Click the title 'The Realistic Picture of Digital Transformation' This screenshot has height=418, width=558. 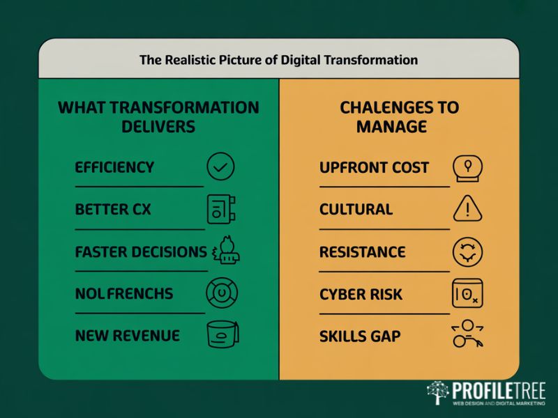coord(278,60)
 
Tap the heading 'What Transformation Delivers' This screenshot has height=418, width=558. coord(158,117)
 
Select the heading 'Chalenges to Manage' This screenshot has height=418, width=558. coord(400,117)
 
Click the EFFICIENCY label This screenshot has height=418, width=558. coord(114,168)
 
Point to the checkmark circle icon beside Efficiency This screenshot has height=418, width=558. coord(221,167)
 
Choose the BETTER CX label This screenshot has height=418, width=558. coord(113,210)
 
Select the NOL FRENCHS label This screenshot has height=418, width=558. coord(123,293)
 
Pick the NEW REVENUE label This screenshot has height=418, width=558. coord(127,336)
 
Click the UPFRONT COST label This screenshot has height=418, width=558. coord(374,168)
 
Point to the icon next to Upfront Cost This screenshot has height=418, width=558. coord(468,168)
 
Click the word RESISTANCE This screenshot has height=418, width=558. coord(362,251)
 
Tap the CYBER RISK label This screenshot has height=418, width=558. coord(361,294)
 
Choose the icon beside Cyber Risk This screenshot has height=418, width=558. coord(467,293)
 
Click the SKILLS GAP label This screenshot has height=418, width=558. coord(360,336)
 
